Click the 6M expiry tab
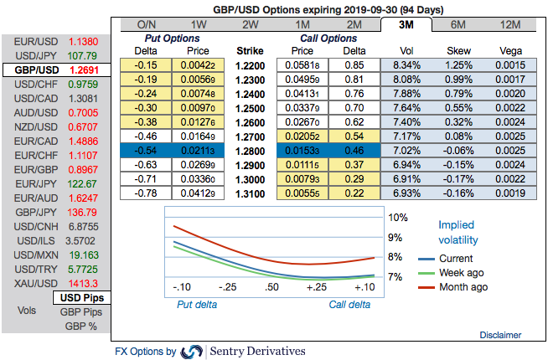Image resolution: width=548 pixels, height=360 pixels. point(458,25)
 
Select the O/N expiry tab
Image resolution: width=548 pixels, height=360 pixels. point(147,25)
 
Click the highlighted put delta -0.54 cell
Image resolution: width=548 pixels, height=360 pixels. point(147,150)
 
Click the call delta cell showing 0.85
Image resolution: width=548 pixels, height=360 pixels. point(354,64)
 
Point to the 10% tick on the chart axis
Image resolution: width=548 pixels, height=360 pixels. point(396,217)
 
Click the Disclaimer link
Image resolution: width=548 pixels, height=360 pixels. point(500,334)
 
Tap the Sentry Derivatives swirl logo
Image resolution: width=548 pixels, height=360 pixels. point(192,351)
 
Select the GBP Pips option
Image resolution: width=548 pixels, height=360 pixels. point(80,311)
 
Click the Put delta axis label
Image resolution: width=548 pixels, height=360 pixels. point(197,304)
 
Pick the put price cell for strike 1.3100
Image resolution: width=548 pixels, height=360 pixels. point(197,193)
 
